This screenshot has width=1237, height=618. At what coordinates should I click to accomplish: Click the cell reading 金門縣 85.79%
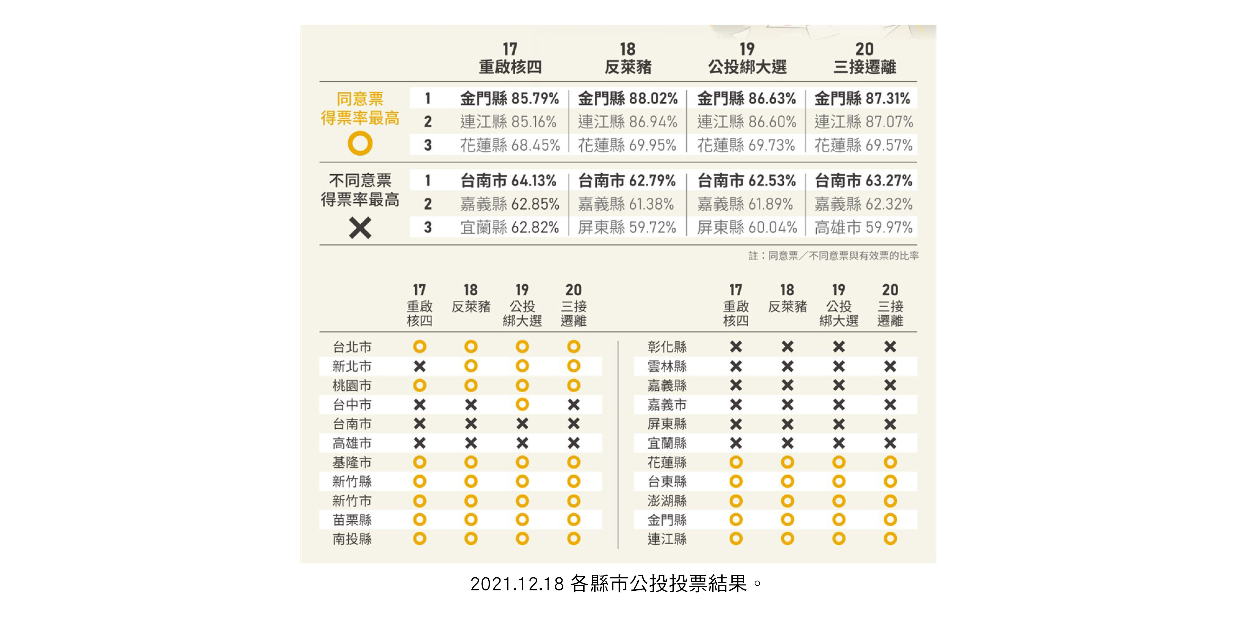[x=509, y=99]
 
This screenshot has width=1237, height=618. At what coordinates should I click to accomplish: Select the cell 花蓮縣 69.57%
[x=863, y=145]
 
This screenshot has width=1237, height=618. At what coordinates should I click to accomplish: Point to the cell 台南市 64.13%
[x=508, y=181]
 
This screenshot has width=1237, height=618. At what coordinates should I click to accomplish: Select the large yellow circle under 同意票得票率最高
[x=360, y=144]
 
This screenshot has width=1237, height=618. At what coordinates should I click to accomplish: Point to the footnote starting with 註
[x=833, y=256]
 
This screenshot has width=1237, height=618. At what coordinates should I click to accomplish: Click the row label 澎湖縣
[x=667, y=501]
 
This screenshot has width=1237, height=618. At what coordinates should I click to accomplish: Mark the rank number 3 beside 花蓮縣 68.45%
[x=428, y=145]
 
